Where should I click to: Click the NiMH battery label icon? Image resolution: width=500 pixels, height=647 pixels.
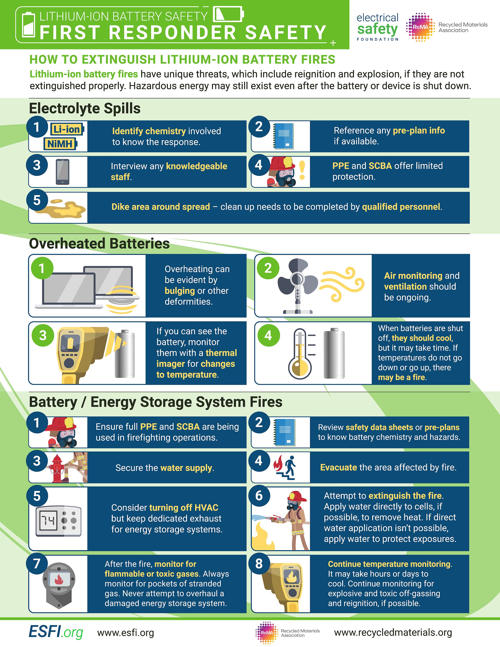[60, 144]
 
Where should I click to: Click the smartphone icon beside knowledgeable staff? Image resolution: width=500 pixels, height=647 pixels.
[63, 172]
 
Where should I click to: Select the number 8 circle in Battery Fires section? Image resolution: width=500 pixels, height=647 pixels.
[259, 563]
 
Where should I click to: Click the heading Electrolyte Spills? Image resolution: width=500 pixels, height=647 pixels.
[85, 108]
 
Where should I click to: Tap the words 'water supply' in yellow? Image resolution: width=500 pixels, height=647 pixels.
[186, 468]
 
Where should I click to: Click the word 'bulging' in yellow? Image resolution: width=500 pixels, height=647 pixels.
[179, 291]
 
